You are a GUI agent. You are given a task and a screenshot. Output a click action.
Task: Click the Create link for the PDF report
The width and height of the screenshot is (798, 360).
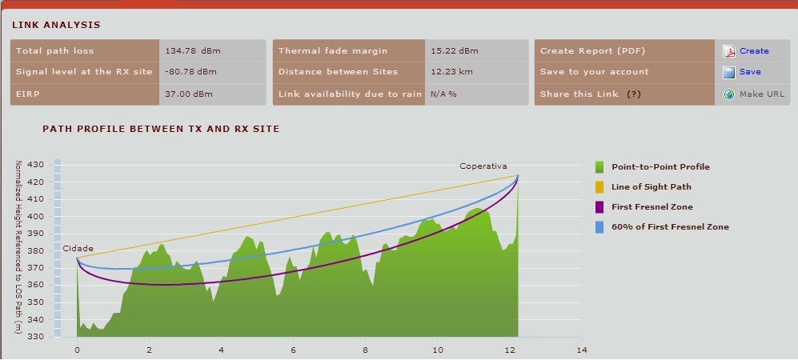pyautogui.click(x=754, y=51)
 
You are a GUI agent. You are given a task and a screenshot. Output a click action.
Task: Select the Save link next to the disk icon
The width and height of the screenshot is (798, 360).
pyautogui.click(x=750, y=72)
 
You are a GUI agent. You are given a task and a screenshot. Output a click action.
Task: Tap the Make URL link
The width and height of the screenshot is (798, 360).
pyautogui.click(x=762, y=94)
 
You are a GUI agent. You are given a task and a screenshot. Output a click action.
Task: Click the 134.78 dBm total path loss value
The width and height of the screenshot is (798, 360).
pyautogui.click(x=192, y=51)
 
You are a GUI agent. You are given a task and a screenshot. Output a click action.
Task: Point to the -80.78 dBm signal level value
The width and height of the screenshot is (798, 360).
pyautogui.click(x=190, y=72)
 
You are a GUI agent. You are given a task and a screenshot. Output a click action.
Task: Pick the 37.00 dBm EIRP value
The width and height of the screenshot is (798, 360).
pyautogui.click(x=189, y=94)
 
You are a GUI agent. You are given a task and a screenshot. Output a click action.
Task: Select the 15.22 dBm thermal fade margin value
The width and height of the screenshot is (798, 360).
pyautogui.click(x=454, y=51)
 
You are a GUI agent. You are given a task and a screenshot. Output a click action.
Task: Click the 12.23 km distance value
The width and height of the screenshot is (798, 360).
pyautogui.click(x=451, y=72)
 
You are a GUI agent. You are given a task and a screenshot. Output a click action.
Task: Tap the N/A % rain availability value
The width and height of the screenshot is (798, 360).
pyautogui.click(x=443, y=94)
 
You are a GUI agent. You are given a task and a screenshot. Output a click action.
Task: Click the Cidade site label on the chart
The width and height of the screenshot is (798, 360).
pyautogui.click(x=78, y=249)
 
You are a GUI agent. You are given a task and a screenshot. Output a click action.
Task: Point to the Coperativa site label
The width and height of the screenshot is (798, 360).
pyautogui.click(x=483, y=166)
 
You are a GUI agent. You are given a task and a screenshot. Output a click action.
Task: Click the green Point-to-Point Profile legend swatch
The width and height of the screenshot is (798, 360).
pyautogui.click(x=600, y=167)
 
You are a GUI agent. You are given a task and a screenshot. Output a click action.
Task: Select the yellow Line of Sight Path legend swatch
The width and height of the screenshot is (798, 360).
pyautogui.click(x=600, y=187)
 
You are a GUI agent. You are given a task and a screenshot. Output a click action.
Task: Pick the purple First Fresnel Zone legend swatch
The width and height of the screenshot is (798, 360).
pyautogui.click(x=600, y=207)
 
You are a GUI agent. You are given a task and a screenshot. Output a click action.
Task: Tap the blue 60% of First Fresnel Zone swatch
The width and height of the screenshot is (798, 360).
pyautogui.click(x=600, y=227)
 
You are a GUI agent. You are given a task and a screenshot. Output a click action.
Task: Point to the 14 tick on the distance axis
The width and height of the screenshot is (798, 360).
pyautogui.click(x=582, y=350)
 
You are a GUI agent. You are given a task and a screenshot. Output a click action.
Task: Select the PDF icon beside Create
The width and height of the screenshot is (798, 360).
pyautogui.click(x=729, y=51)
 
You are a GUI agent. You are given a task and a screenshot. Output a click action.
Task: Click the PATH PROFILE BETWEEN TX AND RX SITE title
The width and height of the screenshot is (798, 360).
pyautogui.click(x=161, y=128)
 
